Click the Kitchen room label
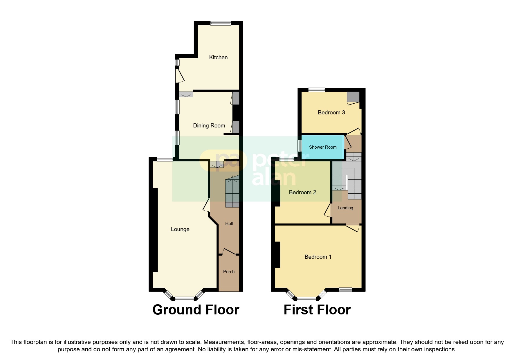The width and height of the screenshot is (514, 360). point(218,57)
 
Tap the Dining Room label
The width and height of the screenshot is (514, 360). point(209,125)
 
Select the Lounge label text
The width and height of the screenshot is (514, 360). point(180,229)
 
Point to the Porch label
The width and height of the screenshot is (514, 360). point(229,271)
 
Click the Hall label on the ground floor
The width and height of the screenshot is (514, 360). point(229,224)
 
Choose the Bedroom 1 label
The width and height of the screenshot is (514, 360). point(318,257)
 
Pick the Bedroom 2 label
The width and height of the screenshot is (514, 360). point(302,192)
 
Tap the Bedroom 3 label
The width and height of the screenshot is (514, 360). point(331,112)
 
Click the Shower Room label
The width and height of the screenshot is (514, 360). point(323,147)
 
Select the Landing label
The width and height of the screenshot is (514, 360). point(345,208)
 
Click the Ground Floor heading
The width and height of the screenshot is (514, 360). point(196,310)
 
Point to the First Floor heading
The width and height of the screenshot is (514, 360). point(317,310)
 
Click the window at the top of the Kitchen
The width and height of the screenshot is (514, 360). point(221,23)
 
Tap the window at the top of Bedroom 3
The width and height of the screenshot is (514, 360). point(317,90)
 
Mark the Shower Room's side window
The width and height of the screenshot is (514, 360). point(300,146)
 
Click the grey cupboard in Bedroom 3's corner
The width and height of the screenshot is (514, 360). point(353,97)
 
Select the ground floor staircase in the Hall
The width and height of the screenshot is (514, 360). point(232,193)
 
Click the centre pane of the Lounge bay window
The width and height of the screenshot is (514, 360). point(184,298)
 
